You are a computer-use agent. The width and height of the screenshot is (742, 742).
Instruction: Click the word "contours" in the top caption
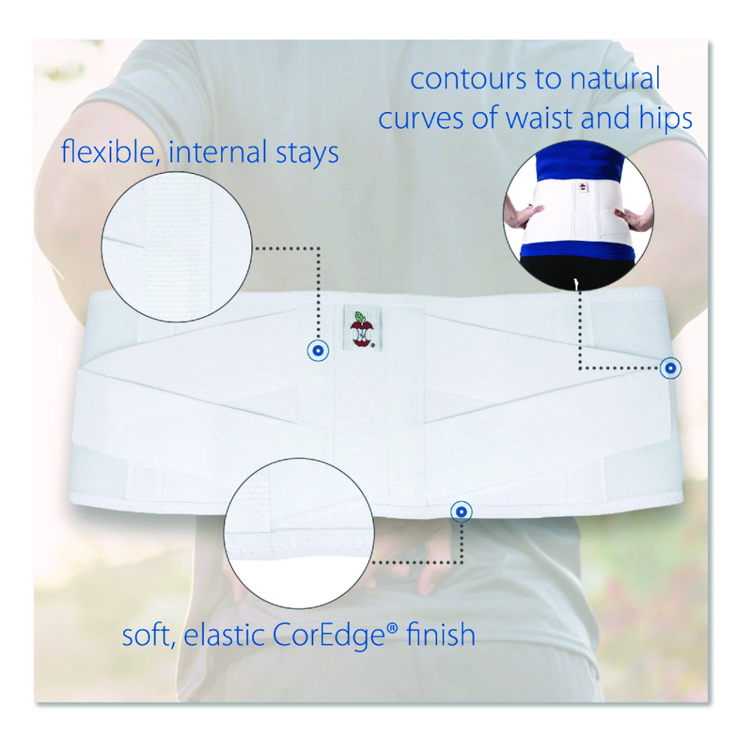[x=468, y=80]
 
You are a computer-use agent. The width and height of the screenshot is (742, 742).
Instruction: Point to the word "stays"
[x=307, y=153]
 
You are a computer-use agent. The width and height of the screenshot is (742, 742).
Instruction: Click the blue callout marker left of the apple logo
[x=318, y=351]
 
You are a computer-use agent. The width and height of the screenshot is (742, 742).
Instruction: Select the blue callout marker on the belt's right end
[x=671, y=368]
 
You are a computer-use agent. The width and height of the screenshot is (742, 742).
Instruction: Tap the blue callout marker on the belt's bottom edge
[x=462, y=511]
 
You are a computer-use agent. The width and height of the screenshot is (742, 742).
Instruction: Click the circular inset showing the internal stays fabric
[x=177, y=247]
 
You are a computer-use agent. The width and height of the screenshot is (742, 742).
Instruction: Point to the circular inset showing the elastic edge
[x=299, y=533]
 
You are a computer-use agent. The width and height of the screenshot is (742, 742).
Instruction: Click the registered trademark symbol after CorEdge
[x=392, y=628]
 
